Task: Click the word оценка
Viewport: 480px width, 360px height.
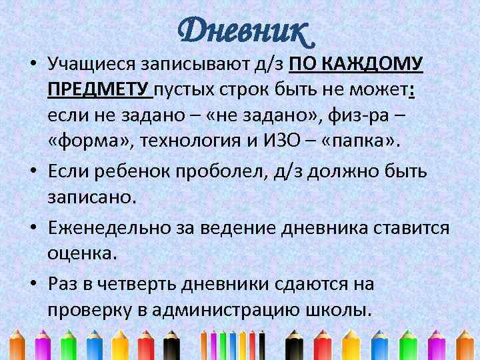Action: tap(82, 253)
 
